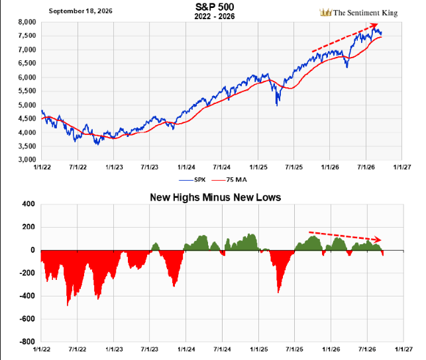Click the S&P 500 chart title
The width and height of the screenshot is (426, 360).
[215, 7]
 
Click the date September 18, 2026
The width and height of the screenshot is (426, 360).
[80, 11]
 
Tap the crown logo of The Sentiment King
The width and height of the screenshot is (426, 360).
[325, 13]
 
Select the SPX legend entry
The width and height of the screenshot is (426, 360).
[192, 179]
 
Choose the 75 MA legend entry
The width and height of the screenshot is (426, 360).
[229, 179]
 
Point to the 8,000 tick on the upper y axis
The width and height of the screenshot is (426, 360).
[27, 22]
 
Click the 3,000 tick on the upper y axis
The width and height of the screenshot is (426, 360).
[27, 159]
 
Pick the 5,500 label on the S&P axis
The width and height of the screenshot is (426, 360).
[27, 91]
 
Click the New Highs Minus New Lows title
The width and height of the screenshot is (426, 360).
[215, 197]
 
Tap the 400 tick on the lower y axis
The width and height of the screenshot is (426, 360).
[29, 204]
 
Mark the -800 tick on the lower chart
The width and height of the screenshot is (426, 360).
[27, 341]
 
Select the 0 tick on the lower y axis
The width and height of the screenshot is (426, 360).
[33, 250]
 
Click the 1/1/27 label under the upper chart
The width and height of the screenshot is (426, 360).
[402, 167]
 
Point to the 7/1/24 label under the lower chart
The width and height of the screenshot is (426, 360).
[222, 349]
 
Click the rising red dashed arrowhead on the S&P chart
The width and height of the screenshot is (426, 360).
[374, 26]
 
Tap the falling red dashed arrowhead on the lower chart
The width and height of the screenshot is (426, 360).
[378, 240]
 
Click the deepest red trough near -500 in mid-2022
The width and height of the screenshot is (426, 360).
[68, 304]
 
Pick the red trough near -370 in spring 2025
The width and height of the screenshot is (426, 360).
[278, 291]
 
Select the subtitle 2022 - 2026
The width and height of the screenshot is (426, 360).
[215, 17]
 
